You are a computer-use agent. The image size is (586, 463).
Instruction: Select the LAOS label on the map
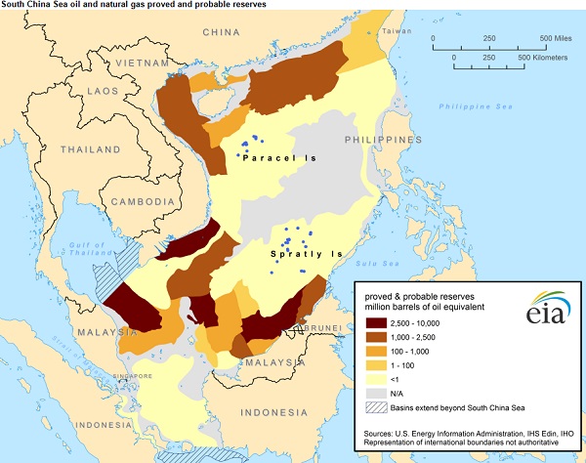[69, 91]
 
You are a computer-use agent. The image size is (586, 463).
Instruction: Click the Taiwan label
[392, 31]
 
